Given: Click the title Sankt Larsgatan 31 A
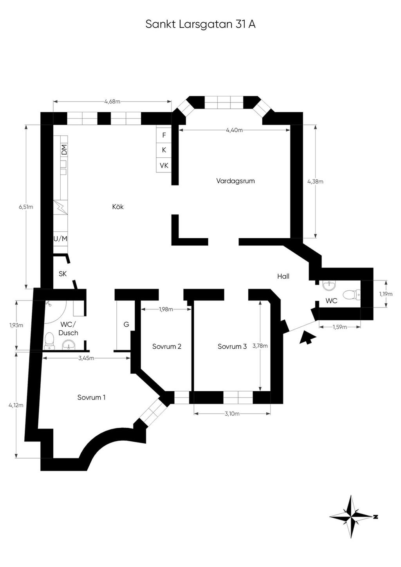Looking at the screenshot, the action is pos(200,24).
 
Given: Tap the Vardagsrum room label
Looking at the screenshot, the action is pos(235,181).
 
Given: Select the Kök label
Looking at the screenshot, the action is pos(118,207).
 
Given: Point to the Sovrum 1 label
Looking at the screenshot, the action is pos(91,398).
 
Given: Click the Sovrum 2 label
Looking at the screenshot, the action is pos(167,346).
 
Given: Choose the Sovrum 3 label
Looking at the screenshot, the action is pos(232,346).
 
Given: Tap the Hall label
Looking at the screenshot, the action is pos(283,276).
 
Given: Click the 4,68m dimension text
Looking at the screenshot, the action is pos(112,101).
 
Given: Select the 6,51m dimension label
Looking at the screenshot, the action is pos(26,207).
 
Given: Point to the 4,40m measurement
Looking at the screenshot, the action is pos(234,130).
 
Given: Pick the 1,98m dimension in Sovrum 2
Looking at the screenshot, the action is pos(166,309).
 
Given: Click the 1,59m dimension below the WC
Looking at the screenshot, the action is pos(340,327).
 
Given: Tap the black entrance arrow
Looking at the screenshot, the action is pos(308,337).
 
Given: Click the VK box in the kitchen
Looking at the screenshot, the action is pos(164,166).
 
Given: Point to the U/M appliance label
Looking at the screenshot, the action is pos(61,238).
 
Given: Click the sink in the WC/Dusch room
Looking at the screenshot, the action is pos(69,344).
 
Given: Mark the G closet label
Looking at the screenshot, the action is pos(126,324).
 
